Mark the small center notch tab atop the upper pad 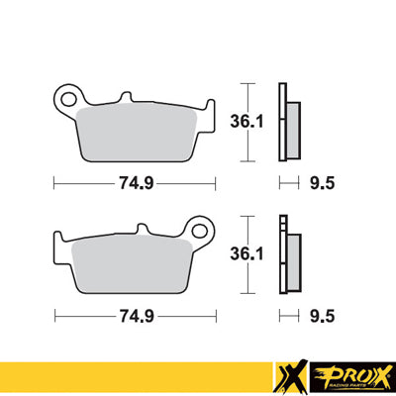click(x=125, y=97)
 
